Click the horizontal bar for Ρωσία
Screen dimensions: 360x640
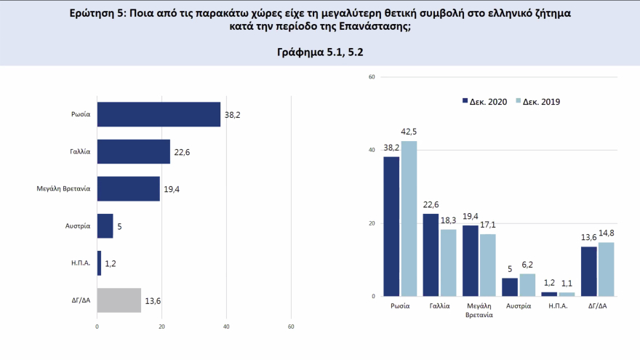[x=159, y=114]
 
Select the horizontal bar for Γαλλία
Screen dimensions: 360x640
[x=133, y=151]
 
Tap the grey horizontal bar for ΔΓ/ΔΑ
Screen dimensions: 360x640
[x=119, y=300]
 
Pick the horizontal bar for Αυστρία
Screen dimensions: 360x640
[x=105, y=225]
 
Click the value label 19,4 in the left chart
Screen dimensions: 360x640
[x=171, y=189]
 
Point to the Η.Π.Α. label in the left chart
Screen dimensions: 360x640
[x=81, y=263]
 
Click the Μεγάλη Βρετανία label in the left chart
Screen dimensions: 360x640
[x=63, y=188]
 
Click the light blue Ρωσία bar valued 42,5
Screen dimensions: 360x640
[x=409, y=218]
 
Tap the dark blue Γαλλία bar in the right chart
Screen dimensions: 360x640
[x=431, y=255]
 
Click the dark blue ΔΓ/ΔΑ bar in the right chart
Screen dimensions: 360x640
[x=589, y=271]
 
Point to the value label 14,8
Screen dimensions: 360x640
[x=606, y=233]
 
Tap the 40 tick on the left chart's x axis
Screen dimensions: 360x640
[x=226, y=327]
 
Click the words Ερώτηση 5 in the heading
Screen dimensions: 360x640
[x=97, y=13]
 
